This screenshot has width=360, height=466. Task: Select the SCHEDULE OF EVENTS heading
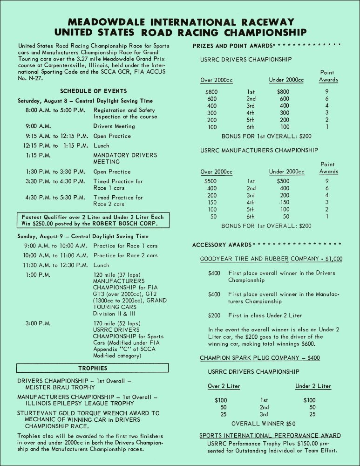point(93,91)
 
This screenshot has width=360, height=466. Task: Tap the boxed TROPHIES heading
point(92,368)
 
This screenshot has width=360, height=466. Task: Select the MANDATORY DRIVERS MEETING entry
point(125,158)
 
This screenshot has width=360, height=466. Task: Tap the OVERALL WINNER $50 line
point(263,424)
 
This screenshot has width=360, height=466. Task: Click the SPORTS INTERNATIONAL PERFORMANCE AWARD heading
point(270,436)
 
